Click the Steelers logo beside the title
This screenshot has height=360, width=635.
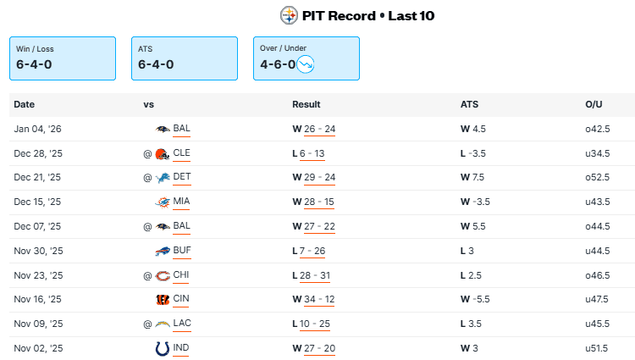[x=290, y=15]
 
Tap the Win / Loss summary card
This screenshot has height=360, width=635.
[x=62, y=58]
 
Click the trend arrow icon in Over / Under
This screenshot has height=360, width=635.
[x=306, y=64]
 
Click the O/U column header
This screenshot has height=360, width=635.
[x=593, y=105]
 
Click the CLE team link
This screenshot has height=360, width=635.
[x=182, y=153]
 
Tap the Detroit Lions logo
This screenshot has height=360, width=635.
[x=163, y=178]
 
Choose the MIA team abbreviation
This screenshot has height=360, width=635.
[x=182, y=202]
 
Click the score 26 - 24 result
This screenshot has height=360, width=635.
[x=319, y=130]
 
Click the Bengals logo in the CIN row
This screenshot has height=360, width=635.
[x=163, y=299]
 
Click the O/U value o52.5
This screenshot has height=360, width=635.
[x=598, y=178]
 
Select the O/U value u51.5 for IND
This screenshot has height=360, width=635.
[x=598, y=348]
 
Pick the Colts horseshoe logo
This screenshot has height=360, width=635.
[x=163, y=348]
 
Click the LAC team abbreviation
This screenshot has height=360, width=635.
[x=182, y=324]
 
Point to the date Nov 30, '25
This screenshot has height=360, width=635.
[x=38, y=251]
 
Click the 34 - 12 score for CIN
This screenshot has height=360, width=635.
[x=319, y=299]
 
